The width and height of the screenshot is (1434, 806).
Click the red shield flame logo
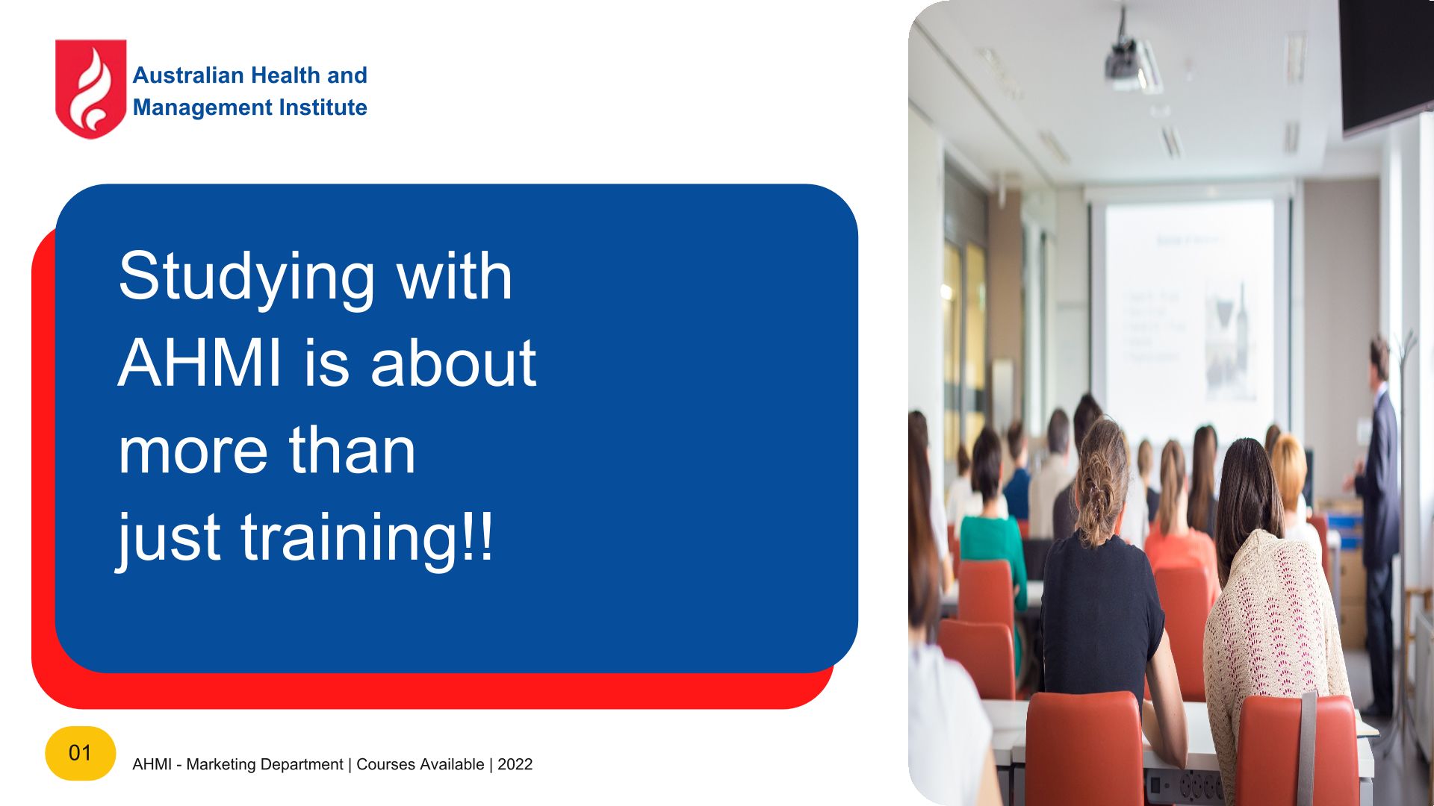[x=90, y=89]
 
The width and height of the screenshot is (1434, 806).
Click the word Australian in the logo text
[x=188, y=75]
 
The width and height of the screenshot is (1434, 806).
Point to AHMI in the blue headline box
[x=200, y=363]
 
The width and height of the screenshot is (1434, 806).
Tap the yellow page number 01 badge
[x=80, y=753]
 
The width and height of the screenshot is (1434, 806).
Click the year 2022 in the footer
[x=515, y=764]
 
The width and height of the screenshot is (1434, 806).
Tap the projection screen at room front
[x=1189, y=306]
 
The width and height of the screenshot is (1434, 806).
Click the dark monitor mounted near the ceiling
[x=1385, y=63]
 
